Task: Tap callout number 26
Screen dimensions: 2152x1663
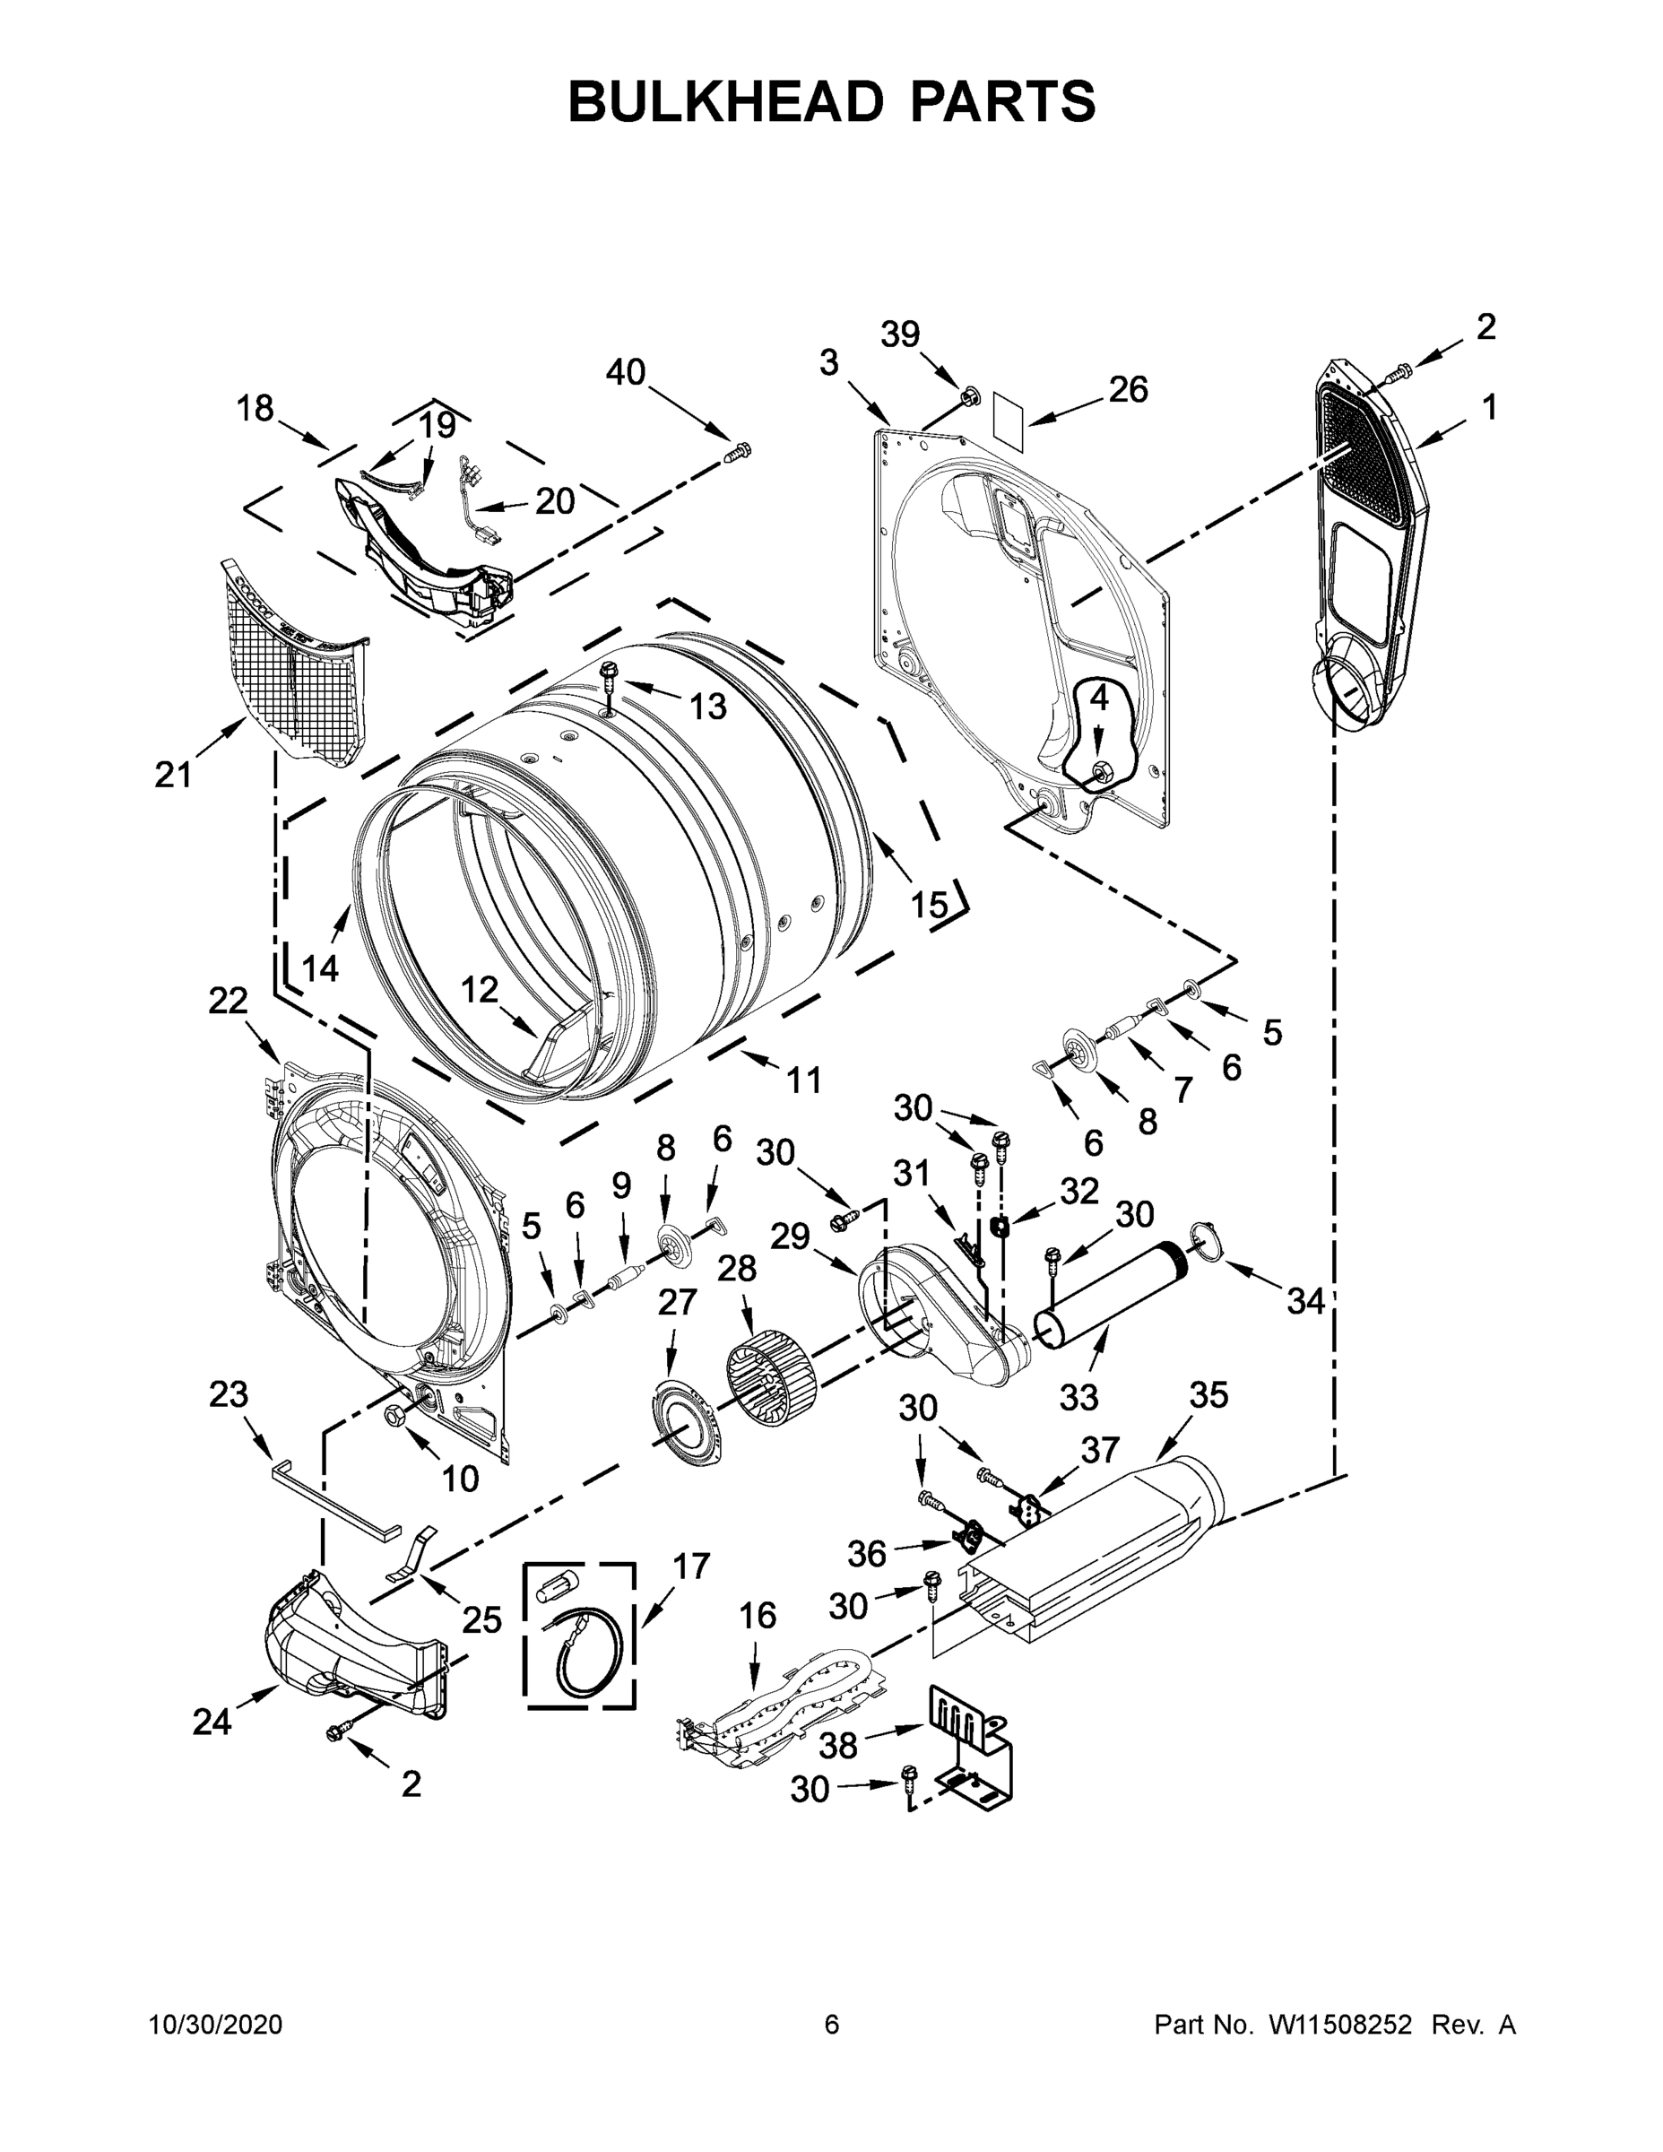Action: [x=1128, y=390]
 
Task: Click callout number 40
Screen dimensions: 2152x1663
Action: [x=625, y=372]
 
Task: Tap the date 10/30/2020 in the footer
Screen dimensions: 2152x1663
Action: [x=216, y=2024]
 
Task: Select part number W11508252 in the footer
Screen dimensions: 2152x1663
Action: [x=1340, y=2024]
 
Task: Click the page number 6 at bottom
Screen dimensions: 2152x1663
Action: [x=832, y=2024]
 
